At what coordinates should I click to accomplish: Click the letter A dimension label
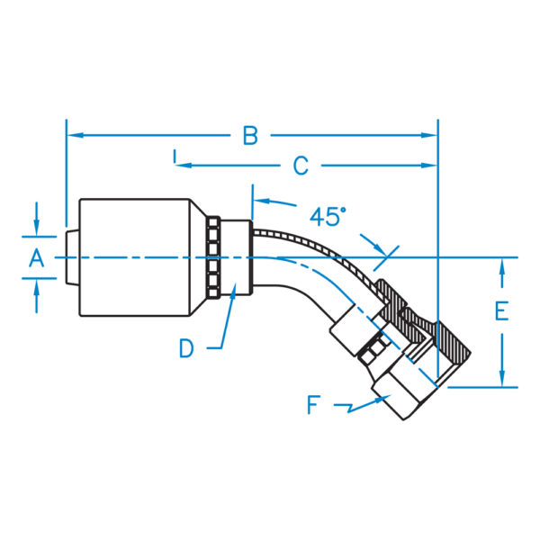coord(36,259)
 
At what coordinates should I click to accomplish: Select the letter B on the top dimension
coord(250,136)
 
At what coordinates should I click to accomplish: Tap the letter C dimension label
coord(301,166)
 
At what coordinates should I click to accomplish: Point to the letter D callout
coord(186,348)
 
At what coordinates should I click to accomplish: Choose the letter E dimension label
coord(502,311)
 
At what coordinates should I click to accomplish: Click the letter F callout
coord(313,405)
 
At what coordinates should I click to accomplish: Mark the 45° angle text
coord(328,216)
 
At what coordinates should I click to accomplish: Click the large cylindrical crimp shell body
coord(135,257)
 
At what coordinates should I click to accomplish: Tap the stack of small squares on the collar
coord(212,257)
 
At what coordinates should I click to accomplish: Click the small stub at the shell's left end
coord(73,257)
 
